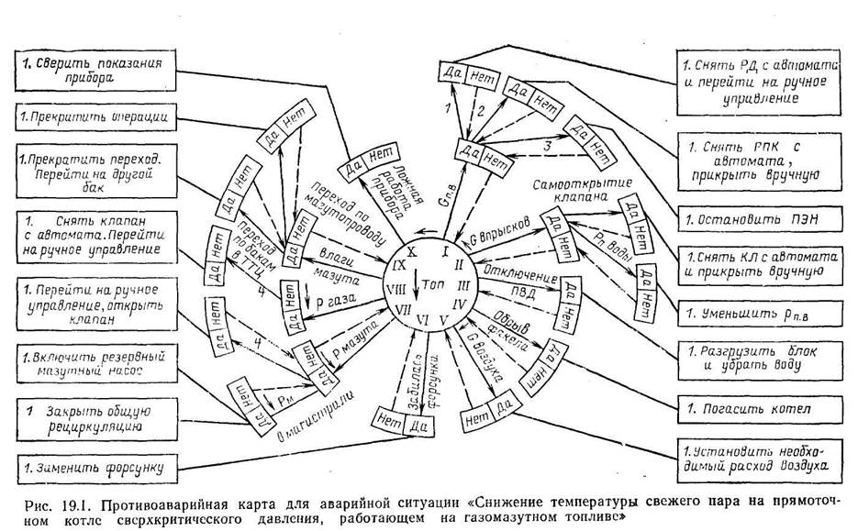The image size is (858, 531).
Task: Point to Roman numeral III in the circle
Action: (462, 285)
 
